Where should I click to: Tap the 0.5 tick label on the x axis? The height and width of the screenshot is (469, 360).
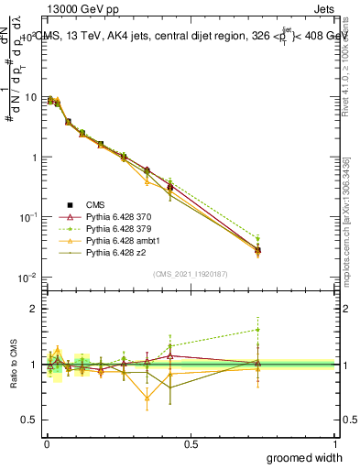click(191, 442)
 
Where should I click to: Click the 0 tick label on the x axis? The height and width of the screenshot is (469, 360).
click(47, 442)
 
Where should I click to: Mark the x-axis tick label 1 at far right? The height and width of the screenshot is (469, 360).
click(334, 442)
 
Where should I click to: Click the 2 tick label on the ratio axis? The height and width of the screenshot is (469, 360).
click(35, 309)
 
